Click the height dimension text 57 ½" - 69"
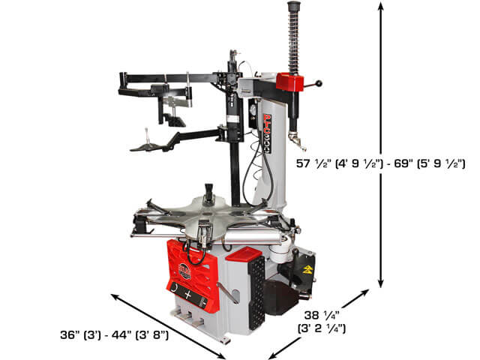(380, 163)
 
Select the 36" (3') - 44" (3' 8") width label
(114, 335)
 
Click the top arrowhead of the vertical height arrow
(380, 6)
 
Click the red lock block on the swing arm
(289, 82)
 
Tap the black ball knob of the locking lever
(319, 83)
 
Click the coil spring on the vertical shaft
(293, 42)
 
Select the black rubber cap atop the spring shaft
(292, 6)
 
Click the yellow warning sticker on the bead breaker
(307, 269)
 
